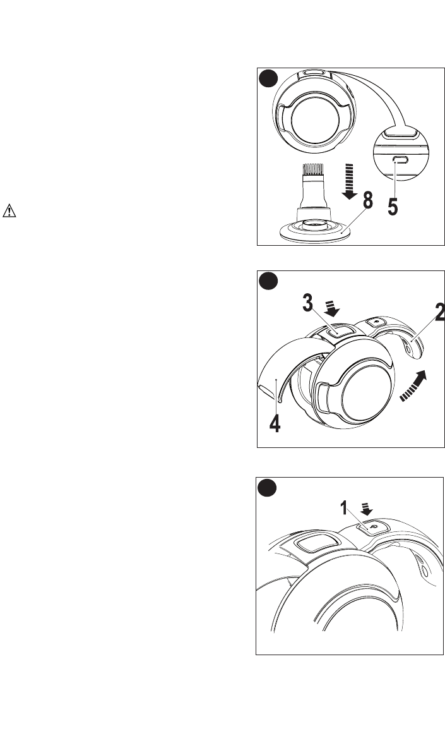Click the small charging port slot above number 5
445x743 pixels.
click(x=400, y=160)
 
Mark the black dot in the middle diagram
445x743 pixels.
click(x=268, y=282)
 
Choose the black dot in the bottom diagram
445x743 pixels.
click(x=268, y=488)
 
